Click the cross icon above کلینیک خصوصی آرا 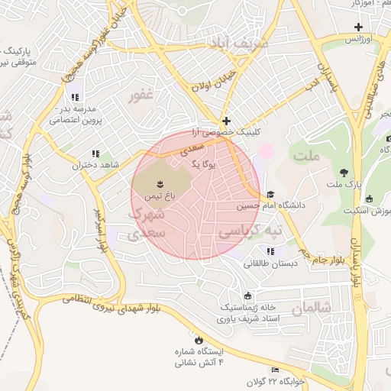226,121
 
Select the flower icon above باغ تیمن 160,183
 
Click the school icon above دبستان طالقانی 270,251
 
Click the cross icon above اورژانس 358,27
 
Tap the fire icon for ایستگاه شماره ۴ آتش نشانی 200,339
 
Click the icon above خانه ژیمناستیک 247,296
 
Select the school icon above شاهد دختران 95,153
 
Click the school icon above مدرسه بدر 75,97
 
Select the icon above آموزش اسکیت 370,199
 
